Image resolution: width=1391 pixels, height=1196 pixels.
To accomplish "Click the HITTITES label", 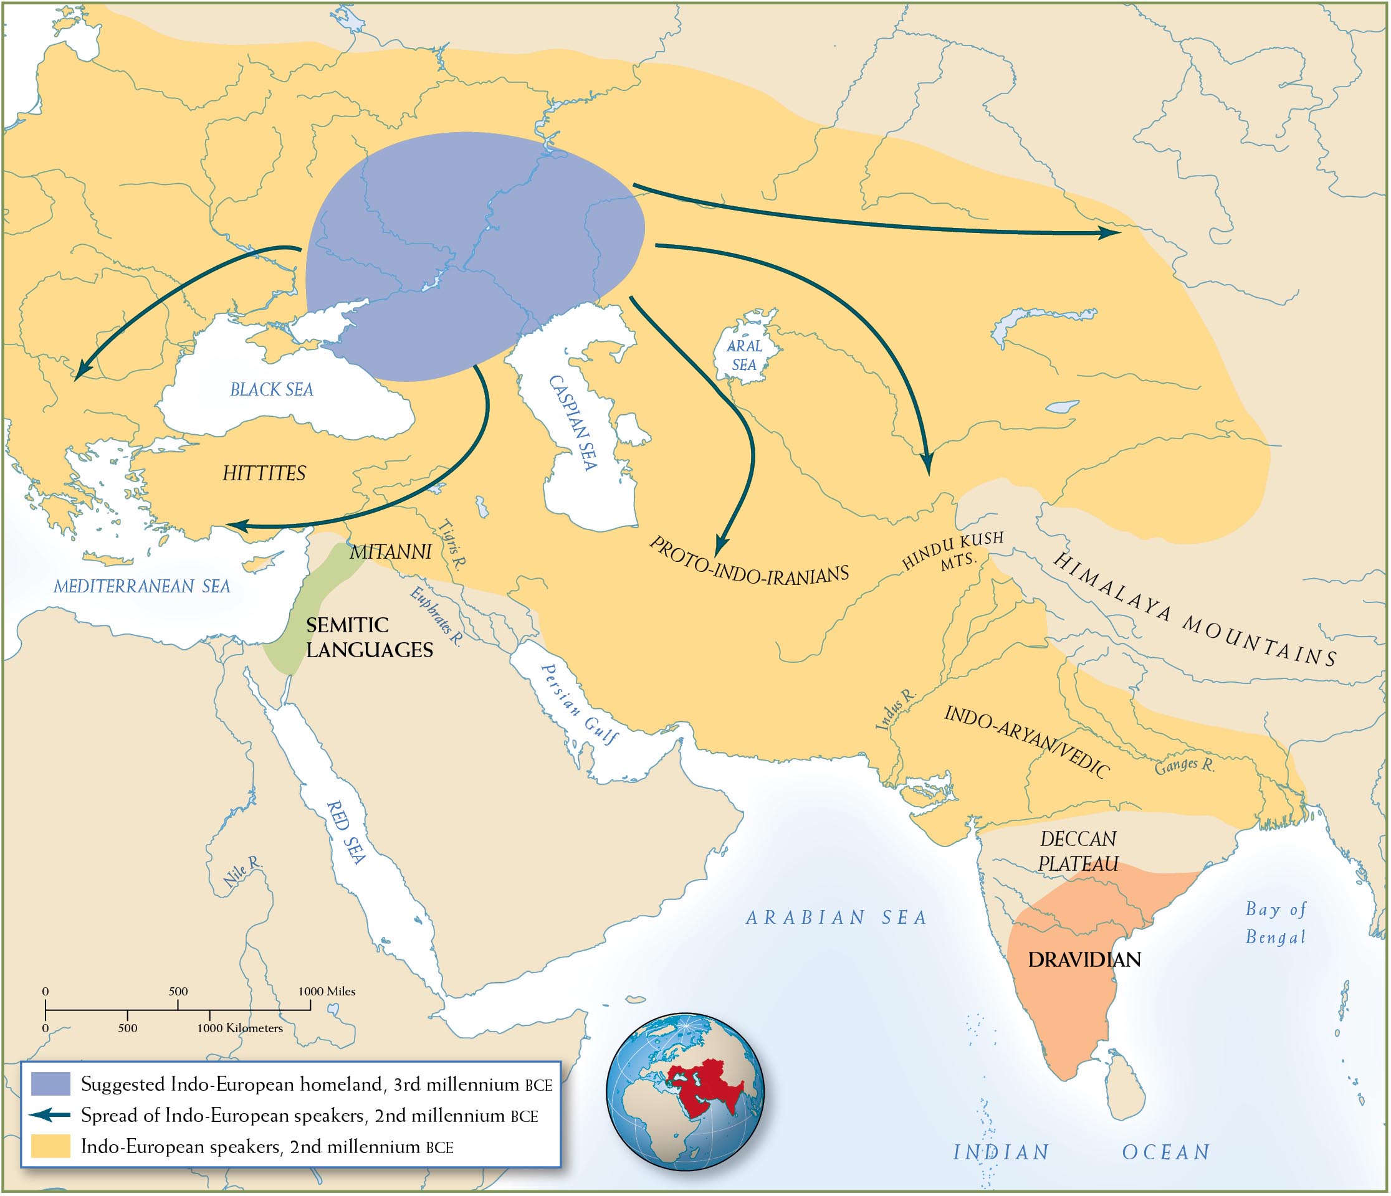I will [x=264, y=473].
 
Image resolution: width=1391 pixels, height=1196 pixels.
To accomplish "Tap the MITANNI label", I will [x=390, y=552].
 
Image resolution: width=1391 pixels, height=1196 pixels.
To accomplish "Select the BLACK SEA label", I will [x=271, y=389].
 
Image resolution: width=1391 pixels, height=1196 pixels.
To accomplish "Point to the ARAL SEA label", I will [x=745, y=355].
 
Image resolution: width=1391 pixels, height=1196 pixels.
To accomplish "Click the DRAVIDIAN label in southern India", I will [x=1084, y=959].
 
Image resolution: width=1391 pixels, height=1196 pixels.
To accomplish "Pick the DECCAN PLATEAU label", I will [x=1078, y=851].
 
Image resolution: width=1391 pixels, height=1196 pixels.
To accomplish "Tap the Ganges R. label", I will [x=1184, y=765].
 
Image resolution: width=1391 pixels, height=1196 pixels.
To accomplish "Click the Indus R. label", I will [x=896, y=709].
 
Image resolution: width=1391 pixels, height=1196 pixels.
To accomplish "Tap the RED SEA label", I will [x=347, y=832].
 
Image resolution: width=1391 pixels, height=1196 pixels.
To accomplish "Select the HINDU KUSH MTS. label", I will [x=954, y=551].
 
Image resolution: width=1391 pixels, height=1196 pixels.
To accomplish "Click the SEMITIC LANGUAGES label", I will [x=369, y=638].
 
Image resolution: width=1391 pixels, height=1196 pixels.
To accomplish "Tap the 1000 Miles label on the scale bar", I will [x=327, y=991].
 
